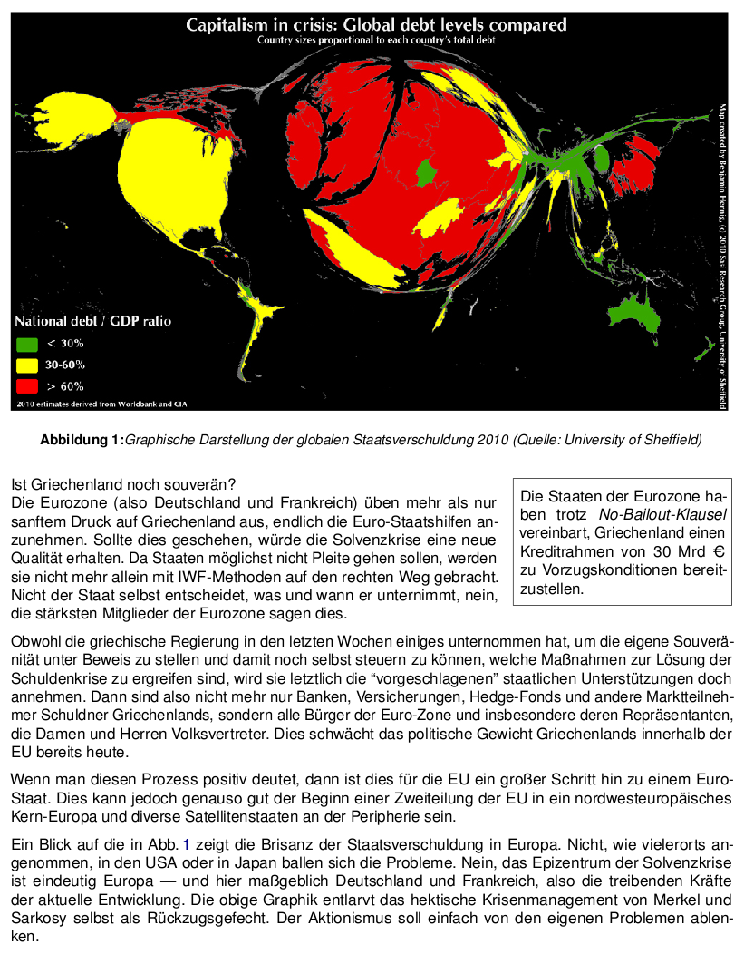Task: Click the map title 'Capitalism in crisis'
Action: click(x=376, y=24)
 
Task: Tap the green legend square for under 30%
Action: click(x=26, y=344)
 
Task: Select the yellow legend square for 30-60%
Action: click(x=26, y=365)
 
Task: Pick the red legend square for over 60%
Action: click(x=26, y=385)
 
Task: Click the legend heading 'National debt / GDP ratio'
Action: click(x=92, y=321)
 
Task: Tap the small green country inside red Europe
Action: click(x=425, y=172)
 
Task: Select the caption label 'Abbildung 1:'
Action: click(x=82, y=441)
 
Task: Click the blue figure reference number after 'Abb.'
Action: click(x=187, y=844)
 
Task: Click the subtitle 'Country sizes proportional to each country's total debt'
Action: click(x=376, y=40)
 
